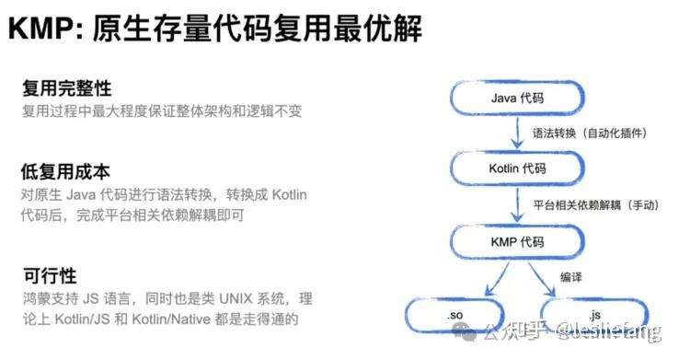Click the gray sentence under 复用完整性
[162, 111]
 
